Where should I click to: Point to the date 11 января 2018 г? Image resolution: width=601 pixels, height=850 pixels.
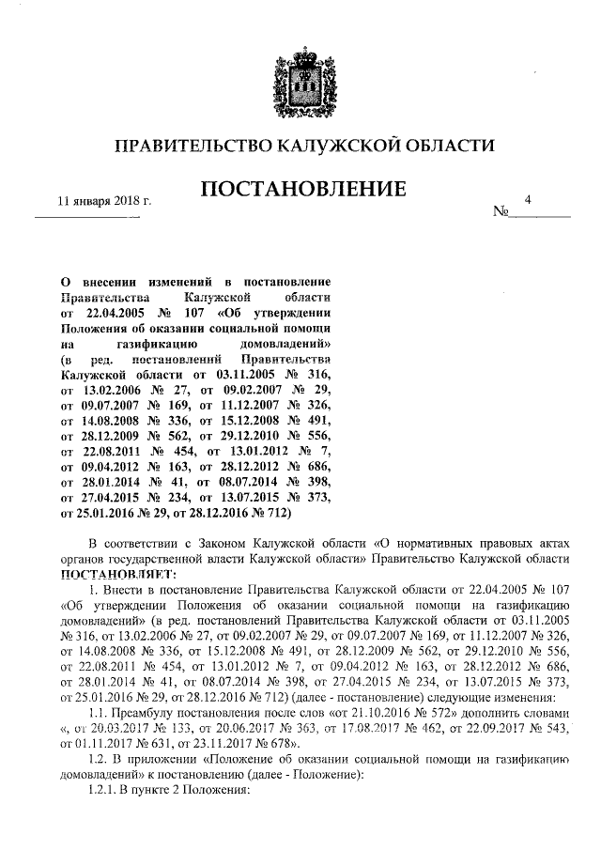click(x=105, y=201)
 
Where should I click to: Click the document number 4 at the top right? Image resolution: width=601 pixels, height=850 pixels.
click(x=530, y=199)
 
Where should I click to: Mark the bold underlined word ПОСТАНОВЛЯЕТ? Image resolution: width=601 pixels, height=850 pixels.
click(x=116, y=574)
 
